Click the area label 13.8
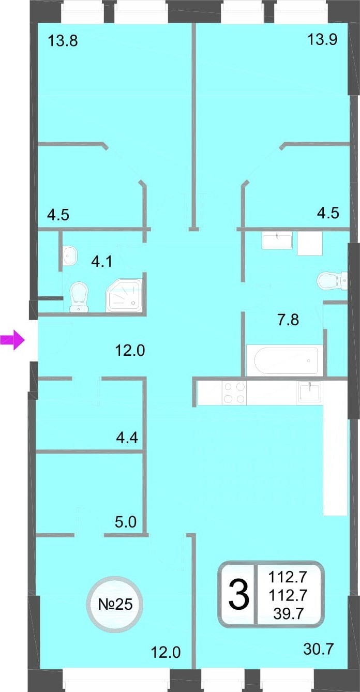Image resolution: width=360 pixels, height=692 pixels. click(x=63, y=41)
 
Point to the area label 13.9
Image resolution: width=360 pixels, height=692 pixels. click(x=322, y=39)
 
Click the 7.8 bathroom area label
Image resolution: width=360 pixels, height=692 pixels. click(x=288, y=320)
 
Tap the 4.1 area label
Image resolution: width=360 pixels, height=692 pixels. click(x=102, y=262)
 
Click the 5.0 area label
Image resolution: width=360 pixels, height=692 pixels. click(x=126, y=522)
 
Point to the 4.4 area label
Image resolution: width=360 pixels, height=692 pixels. click(x=127, y=438)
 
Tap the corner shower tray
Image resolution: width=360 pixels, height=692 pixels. click(x=124, y=295)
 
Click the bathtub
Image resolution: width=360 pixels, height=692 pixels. click(x=286, y=360)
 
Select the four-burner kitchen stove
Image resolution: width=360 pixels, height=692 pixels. click(x=234, y=393)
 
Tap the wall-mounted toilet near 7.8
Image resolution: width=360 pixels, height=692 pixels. click(x=332, y=280)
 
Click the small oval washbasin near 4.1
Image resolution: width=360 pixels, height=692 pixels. click(x=70, y=255)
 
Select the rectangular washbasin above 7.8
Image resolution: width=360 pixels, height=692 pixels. click(x=277, y=242)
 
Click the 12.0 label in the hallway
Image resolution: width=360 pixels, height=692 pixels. click(x=130, y=351)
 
